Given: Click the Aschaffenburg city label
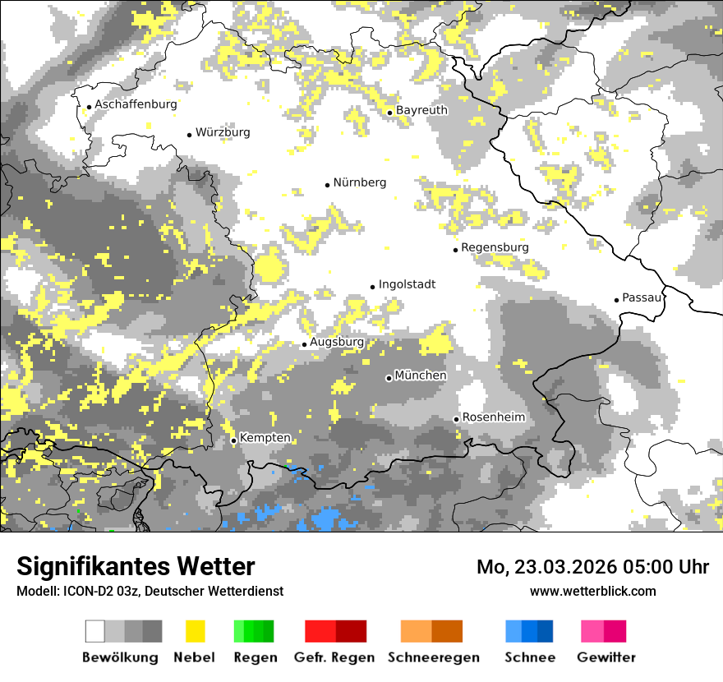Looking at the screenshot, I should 136,104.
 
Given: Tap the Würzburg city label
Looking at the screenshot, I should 223,132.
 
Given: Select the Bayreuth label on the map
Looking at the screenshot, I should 421,110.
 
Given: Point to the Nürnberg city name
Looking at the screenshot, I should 359,182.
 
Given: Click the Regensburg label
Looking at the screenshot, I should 495,247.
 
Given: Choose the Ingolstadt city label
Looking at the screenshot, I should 407,284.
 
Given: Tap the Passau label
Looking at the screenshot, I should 642,297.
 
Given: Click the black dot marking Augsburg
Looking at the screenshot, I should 304,344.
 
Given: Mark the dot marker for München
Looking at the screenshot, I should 389,378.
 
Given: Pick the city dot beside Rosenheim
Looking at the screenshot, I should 456,419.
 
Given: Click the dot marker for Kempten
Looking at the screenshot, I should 233,440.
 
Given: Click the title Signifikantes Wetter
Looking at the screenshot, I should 136,566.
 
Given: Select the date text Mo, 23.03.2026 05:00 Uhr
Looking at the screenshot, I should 592,567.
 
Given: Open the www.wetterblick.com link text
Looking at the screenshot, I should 592,591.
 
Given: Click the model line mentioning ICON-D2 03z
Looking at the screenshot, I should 150,591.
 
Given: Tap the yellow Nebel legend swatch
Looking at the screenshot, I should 195,631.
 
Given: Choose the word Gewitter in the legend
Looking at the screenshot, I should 606,657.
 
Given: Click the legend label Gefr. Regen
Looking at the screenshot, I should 334,657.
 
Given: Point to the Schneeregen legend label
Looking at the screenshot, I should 434,657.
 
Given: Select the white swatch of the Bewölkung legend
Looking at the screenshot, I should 95,631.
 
